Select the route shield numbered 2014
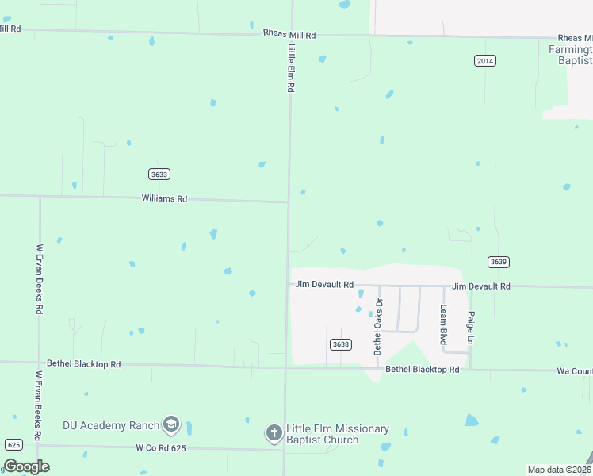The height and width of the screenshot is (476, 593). pyautogui.click(x=485, y=60)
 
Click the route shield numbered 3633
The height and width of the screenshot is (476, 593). pyautogui.click(x=159, y=174)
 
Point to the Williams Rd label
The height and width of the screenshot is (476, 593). pyautogui.click(x=164, y=198)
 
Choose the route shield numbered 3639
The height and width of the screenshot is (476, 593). pyautogui.click(x=498, y=262)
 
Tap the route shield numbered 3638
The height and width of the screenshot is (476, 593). pyautogui.click(x=340, y=344)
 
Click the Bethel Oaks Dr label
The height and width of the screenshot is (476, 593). pyautogui.click(x=378, y=327)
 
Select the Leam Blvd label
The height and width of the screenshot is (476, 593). pyautogui.click(x=444, y=324)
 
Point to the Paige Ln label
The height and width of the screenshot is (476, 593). pyautogui.click(x=470, y=326)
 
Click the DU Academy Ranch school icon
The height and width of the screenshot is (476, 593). pyautogui.click(x=171, y=425)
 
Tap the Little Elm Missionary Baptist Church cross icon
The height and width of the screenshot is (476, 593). pyautogui.click(x=274, y=433)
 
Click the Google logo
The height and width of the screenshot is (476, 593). pyautogui.click(x=26, y=466)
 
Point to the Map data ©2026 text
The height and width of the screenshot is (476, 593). pyautogui.click(x=559, y=470)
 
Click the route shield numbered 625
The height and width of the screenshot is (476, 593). pyautogui.click(x=13, y=444)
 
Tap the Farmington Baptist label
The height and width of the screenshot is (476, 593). pyautogui.click(x=571, y=55)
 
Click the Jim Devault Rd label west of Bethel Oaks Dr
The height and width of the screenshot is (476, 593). pyautogui.click(x=324, y=284)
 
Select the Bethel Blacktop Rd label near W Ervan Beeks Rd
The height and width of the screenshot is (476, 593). pyautogui.click(x=83, y=364)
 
